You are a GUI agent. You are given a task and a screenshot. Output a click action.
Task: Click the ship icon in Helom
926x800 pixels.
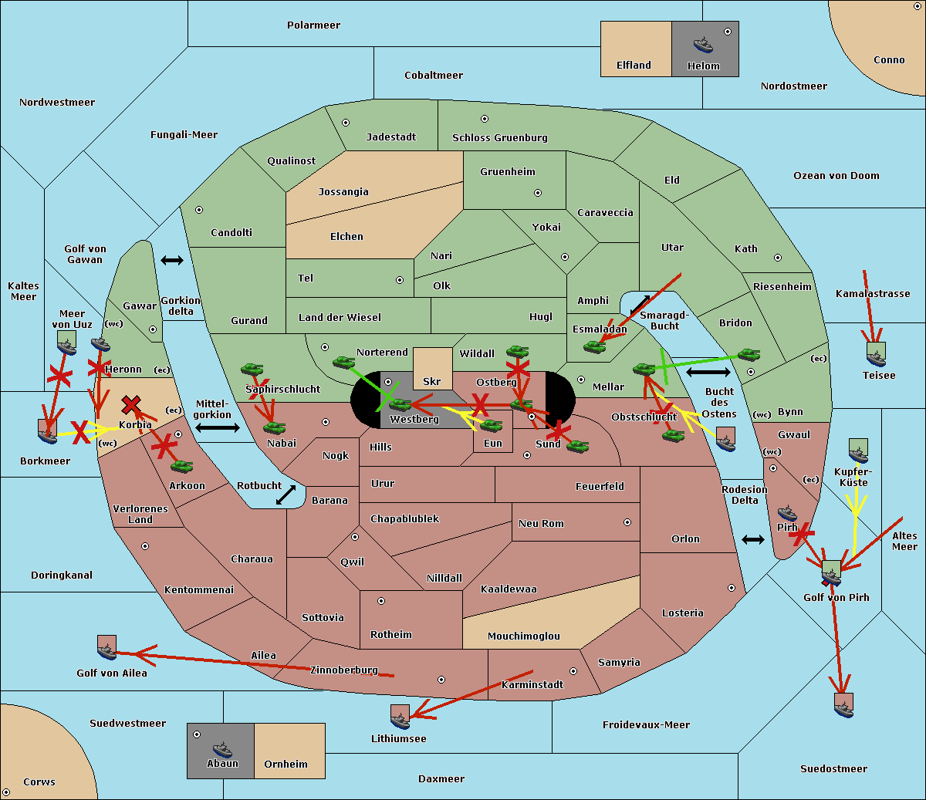point(703,45)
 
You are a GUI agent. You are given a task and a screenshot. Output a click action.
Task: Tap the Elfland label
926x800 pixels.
point(634,65)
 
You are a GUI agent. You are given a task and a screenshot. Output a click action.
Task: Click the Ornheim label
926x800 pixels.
point(286,764)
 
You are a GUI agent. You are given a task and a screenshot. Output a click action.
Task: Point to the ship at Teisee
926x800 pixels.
point(876,356)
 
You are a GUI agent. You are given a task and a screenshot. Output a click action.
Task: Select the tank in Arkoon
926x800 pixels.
point(182,466)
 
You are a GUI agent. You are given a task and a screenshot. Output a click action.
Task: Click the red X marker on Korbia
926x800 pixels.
point(131,404)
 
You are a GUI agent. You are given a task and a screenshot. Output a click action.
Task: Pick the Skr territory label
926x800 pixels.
point(432,381)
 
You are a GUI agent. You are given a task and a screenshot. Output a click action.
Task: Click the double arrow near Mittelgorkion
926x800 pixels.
point(217,427)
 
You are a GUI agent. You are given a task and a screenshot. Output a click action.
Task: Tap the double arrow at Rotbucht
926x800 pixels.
point(286,495)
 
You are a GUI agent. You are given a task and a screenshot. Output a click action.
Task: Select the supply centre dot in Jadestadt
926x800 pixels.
point(346,123)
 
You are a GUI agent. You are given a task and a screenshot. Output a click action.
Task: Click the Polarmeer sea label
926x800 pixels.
point(313,25)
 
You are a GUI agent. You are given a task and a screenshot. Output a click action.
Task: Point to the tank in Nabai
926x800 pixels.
point(274,427)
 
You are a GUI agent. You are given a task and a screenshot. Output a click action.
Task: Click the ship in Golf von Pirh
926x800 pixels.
point(831,574)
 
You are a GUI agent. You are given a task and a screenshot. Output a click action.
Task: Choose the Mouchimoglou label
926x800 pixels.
point(523,636)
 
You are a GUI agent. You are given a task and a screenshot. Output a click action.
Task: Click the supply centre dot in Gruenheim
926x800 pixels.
point(538,193)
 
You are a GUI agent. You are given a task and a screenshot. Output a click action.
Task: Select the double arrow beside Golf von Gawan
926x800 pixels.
point(172,261)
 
